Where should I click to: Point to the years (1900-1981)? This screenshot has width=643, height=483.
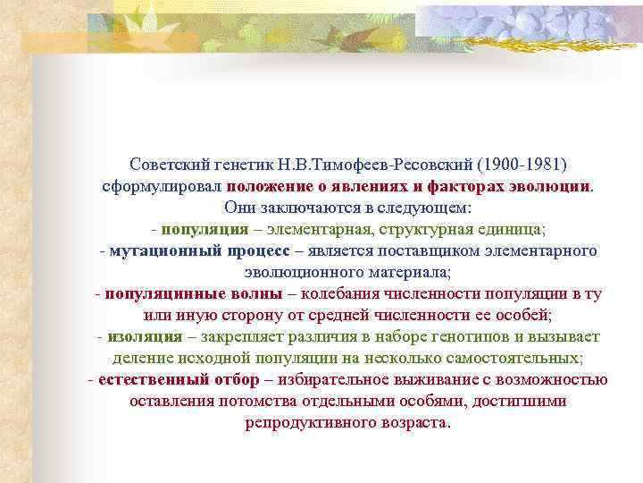[x=522, y=165]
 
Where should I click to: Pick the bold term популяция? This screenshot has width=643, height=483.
[x=206, y=229]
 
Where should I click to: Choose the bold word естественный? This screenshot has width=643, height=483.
[x=148, y=379]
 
